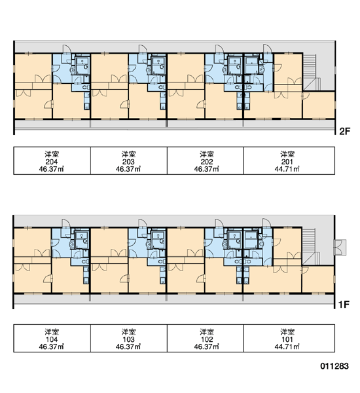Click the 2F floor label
tap(344, 131)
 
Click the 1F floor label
tap(344, 305)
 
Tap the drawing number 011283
tap(334, 366)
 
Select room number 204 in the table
tap(52, 162)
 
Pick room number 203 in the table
tap(128, 162)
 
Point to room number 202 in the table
tap(207, 162)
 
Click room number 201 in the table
tap(287, 162)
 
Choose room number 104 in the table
tap(52, 339)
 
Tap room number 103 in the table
tap(128, 339)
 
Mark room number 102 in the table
tap(207, 339)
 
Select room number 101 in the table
tap(287, 339)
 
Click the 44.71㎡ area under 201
tap(287, 169)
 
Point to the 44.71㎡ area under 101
tap(287, 346)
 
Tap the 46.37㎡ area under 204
tap(51, 169)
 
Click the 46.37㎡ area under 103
tap(128, 346)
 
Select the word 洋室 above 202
tap(207, 154)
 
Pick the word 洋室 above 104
tap(52, 332)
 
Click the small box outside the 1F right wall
tap(340, 248)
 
